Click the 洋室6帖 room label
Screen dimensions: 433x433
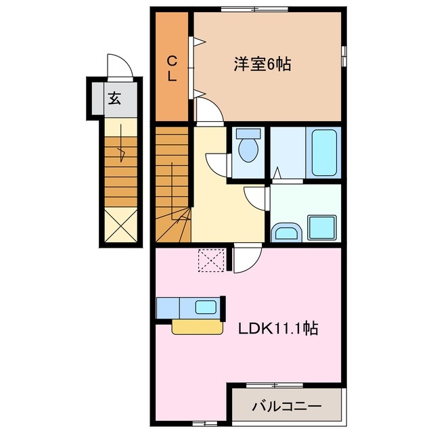click(x=263, y=65)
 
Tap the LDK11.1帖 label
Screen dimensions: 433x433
click(x=278, y=329)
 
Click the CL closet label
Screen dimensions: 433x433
click(x=173, y=68)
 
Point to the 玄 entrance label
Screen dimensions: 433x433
click(x=114, y=99)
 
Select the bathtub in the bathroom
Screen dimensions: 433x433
click(x=325, y=153)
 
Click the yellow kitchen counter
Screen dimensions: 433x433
click(x=197, y=327)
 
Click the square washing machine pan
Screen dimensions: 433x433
click(x=322, y=227)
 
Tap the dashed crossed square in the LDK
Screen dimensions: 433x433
click(x=211, y=260)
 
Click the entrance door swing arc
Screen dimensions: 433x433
click(x=120, y=68)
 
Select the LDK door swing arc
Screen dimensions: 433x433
click(x=248, y=257)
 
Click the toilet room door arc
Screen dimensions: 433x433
click(x=218, y=163)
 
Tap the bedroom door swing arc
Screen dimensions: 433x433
click(x=209, y=110)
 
